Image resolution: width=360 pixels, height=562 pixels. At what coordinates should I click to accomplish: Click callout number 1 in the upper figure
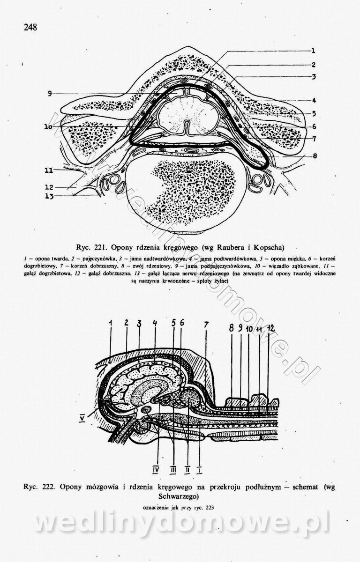[x=312, y=51]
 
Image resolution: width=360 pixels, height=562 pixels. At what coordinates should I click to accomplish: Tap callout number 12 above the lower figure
[x=270, y=329]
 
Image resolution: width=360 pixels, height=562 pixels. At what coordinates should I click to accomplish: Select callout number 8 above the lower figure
[x=231, y=329]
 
